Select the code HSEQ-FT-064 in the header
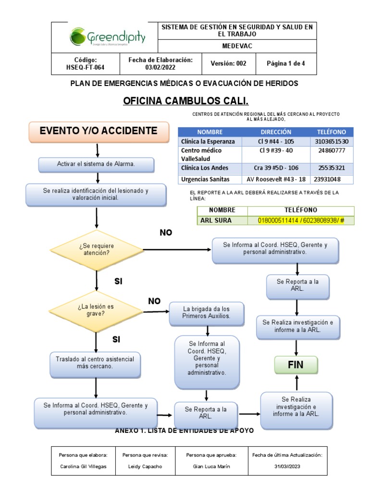[x=85, y=68]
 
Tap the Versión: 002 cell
[x=228, y=63]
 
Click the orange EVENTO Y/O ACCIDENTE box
[x=98, y=131]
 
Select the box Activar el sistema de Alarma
[x=96, y=164]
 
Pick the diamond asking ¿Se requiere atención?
[x=97, y=249]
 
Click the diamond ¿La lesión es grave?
[x=97, y=310]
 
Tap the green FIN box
[x=296, y=365]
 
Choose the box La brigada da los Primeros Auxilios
[x=207, y=313]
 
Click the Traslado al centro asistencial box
[x=95, y=363]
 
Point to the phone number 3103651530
[x=332, y=142]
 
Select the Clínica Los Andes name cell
[x=205, y=168]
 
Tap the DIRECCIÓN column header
[x=276, y=132]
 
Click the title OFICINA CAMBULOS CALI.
[x=186, y=101]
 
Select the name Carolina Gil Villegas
[x=83, y=466]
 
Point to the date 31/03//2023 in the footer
[x=287, y=466]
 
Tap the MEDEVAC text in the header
[x=237, y=47]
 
